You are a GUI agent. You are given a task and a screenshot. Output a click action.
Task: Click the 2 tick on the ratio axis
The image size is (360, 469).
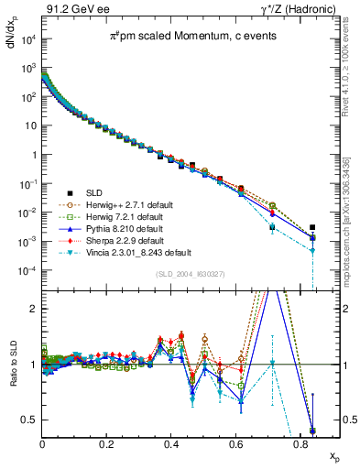[x=37, y=308]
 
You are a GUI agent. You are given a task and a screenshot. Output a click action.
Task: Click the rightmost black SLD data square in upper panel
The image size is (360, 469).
[x=313, y=227]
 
